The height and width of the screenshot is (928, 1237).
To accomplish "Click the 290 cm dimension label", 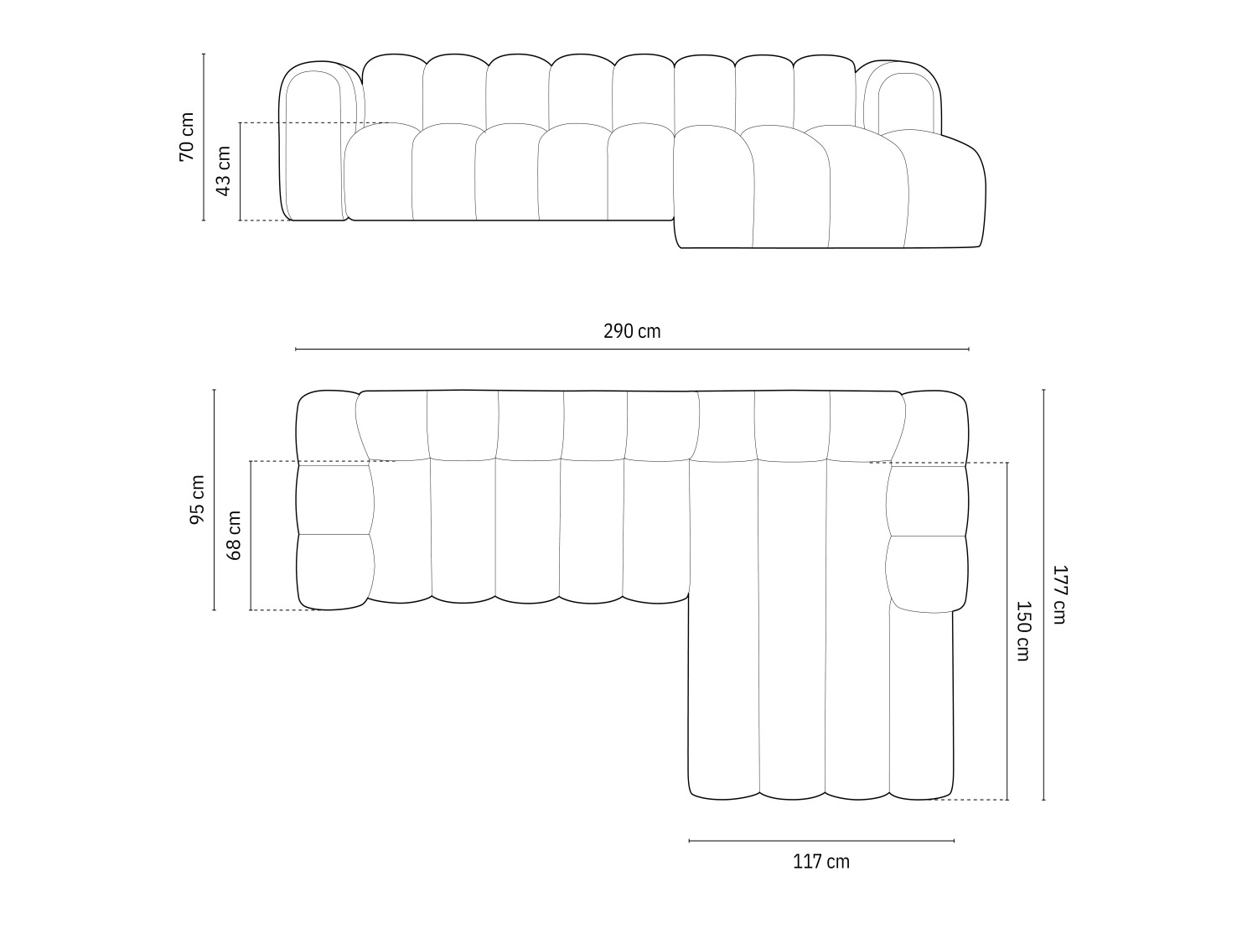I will coord(632,332).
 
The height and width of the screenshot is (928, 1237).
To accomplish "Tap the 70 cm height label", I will coord(186,137).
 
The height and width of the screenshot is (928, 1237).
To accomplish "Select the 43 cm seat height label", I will coord(223,171).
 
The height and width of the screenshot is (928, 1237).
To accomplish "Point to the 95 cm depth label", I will coord(197,500).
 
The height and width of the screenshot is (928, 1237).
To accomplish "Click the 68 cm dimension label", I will coord(234,536).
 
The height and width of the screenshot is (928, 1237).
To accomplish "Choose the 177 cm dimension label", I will coord(1059,594).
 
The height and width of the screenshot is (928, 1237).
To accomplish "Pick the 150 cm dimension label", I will coord(1022,630).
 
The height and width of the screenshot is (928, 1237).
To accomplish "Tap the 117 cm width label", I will coord(821,862).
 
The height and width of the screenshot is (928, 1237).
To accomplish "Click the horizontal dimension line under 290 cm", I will coord(632,349).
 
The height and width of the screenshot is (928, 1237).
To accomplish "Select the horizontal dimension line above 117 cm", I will coord(821,840).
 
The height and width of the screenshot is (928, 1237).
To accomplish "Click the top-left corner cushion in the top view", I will coord(329,426).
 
